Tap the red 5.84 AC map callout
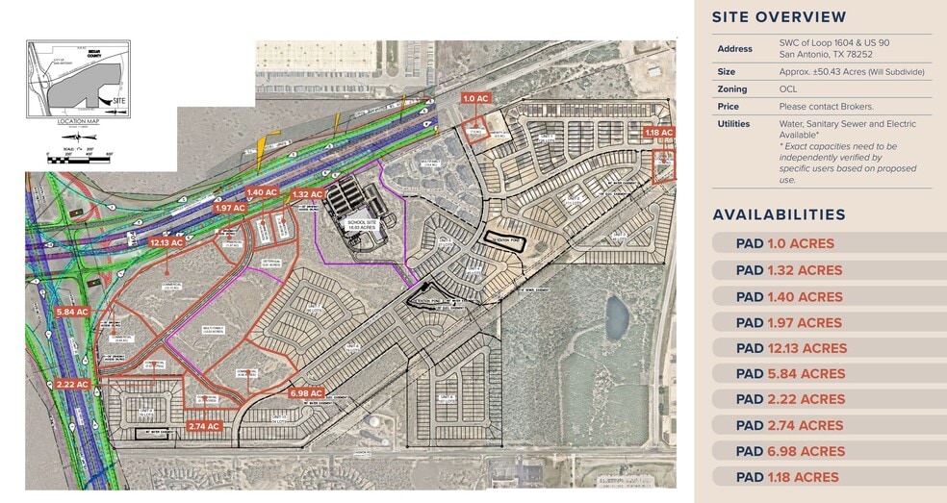tap(72, 312)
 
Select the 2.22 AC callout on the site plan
tap(72, 384)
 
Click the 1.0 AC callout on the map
tap(476, 98)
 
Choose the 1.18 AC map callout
tap(659, 133)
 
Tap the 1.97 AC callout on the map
tap(230, 208)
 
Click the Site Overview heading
tap(780, 17)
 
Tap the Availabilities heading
tap(780, 214)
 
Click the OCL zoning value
tap(788, 89)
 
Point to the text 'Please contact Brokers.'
tap(827, 107)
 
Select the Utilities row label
tap(733, 124)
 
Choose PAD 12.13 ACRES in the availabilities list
tap(792, 348)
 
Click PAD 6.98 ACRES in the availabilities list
tap(790, 451)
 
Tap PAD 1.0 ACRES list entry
tap(785, 244)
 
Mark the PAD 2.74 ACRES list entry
tap(789, 425)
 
